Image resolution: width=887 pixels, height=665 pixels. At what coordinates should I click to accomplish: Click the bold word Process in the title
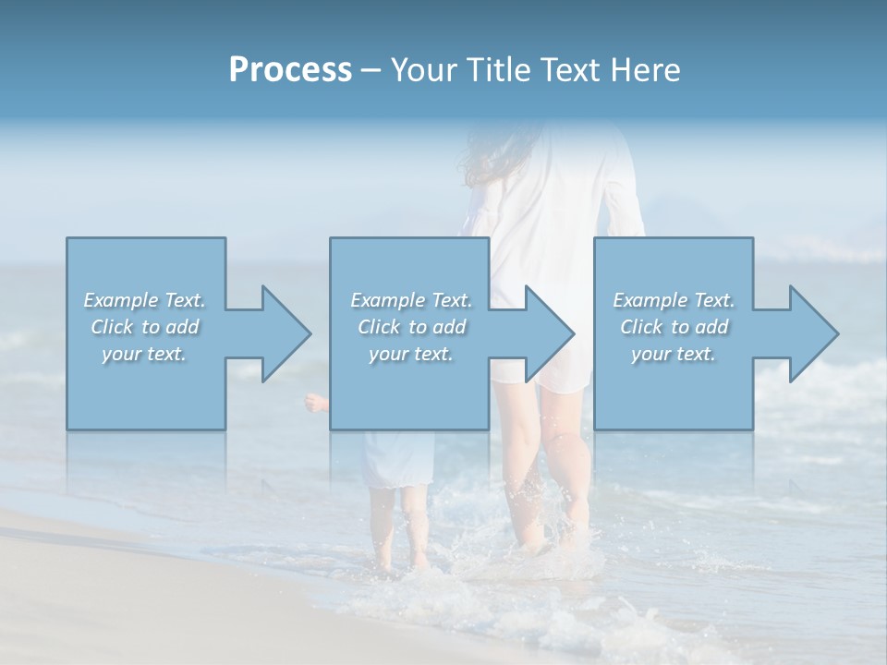tap(290, 70)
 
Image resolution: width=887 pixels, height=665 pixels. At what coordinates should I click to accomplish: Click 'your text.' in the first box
tap(144, 354)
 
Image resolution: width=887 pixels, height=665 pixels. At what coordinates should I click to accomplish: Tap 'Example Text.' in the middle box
tap(411, 300)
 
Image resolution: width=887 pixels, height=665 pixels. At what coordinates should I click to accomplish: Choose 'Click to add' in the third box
tap(674, 327)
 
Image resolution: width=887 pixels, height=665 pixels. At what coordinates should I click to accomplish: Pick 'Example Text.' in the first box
tap(144, 300)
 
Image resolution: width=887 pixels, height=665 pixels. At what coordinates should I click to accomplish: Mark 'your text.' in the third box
tap(674, 354)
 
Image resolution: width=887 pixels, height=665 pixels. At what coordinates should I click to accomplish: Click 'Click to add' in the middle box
tap(411, 327)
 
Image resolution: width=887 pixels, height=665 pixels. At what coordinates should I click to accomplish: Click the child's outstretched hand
tap(316, 402)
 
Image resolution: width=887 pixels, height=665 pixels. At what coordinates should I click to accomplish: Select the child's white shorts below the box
tap(397, 459)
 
